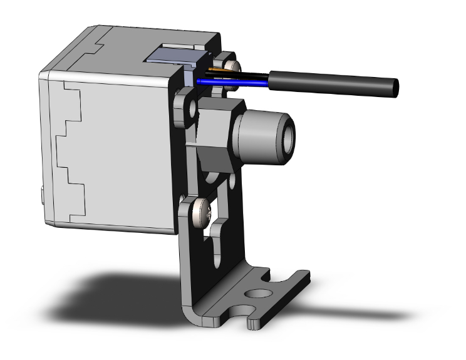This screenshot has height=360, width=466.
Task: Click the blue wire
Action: [x=232, y=81]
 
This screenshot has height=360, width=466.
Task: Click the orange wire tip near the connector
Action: [x=220, y=68]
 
